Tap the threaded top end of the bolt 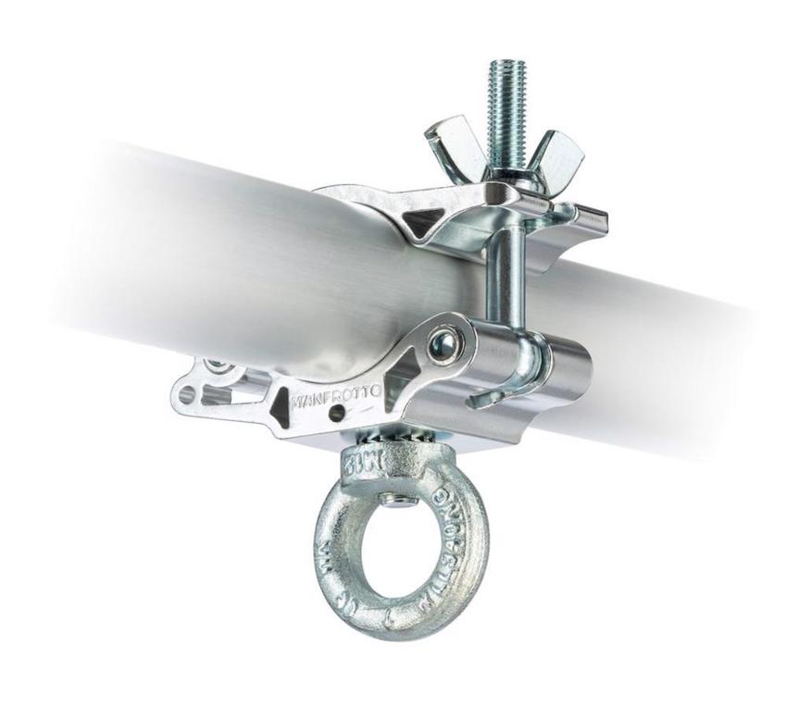point(503,89)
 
